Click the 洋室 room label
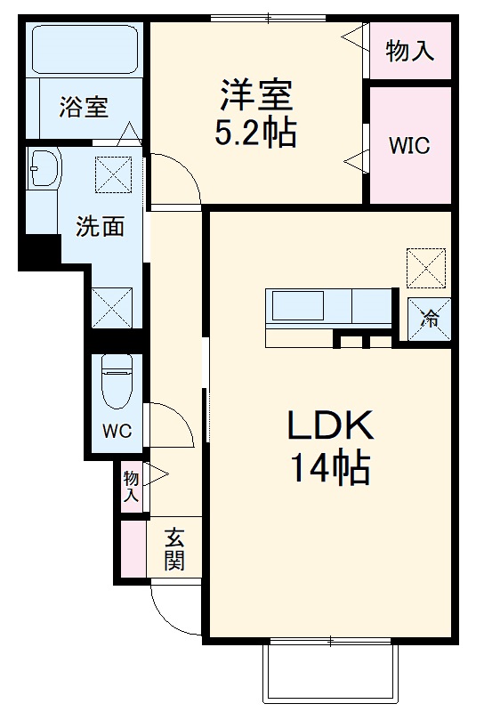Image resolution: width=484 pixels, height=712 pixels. tap(257, 93)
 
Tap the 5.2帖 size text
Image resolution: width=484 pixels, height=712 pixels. tap(255, 133)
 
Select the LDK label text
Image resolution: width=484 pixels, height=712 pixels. tap(329, 426)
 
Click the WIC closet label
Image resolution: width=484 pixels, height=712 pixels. tap(409, 146)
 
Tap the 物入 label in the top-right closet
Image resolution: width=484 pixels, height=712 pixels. tap(410, 51)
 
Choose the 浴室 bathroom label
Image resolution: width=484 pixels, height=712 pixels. tap(84, 107)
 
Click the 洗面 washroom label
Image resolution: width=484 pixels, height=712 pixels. tap(99, 226)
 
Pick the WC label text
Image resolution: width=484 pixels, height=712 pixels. tap(117, 432)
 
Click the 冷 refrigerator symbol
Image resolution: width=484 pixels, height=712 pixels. tap(430, 319)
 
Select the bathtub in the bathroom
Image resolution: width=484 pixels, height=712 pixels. tap(84, 50)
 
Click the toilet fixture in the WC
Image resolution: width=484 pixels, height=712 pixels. tap(117, 381)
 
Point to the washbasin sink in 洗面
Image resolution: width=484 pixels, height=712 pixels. tap(42, 169)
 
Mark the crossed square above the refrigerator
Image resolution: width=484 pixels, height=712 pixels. tap(424, 267)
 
